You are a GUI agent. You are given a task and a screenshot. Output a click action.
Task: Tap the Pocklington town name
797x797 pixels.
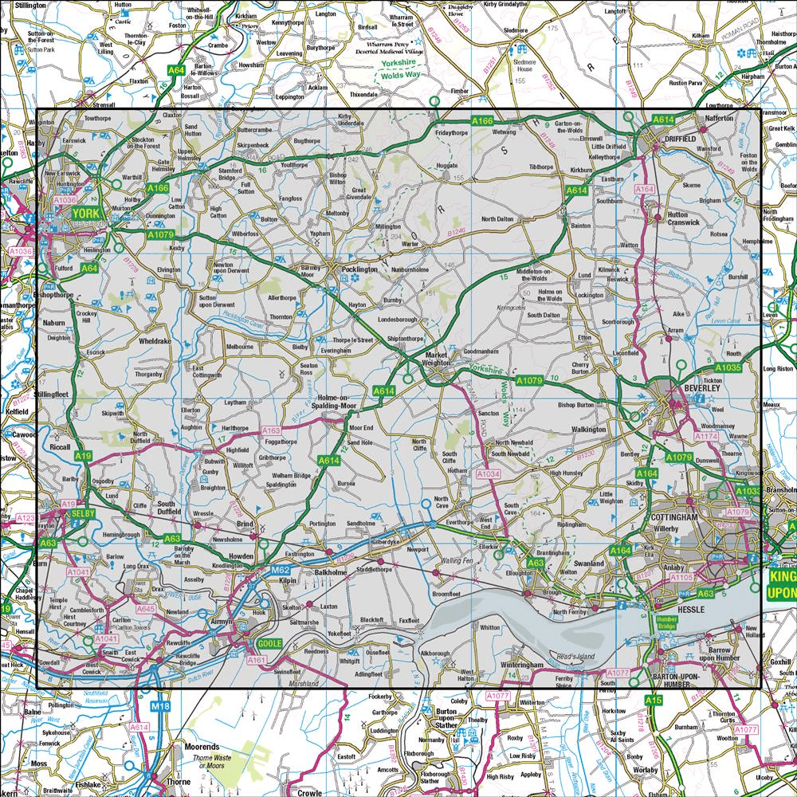[x=359, y=270]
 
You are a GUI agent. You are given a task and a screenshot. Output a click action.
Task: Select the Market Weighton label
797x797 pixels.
[x=438, y=359]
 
